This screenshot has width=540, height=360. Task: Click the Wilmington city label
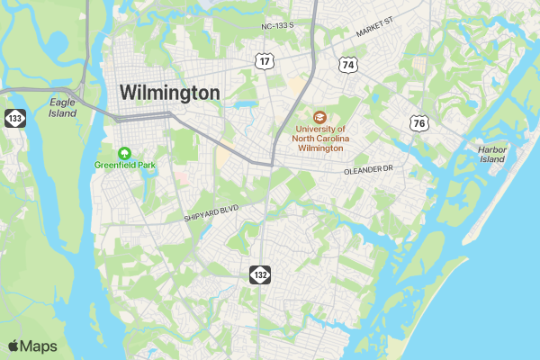tap(169, 93)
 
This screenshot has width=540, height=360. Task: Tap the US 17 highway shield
tap(264, 60)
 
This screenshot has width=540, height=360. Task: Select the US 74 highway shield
tap(347, 64)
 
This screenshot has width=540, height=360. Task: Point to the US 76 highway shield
tap(418, 123)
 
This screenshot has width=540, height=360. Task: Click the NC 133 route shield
tap(13, 118)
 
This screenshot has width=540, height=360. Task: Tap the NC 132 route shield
tap(260, 273)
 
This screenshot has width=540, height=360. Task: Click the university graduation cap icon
tap(319, 117)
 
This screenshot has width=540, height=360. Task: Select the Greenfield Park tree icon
tap(124, 152)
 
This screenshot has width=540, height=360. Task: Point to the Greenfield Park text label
tap(125, 166)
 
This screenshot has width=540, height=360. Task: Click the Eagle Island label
tap(63, 108)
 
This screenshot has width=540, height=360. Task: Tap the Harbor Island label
tap(492, 154)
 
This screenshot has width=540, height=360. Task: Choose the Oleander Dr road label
tap(369, 169)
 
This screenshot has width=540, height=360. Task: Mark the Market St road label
tap(375, 32)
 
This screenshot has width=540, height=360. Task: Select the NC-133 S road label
tap(278, 27)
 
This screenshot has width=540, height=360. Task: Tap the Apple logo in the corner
tap(13, 346)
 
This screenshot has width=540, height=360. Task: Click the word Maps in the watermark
tap(39, 346)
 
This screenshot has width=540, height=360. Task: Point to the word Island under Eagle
tap(63, 113)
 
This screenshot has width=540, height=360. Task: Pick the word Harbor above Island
tap(492, 148)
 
